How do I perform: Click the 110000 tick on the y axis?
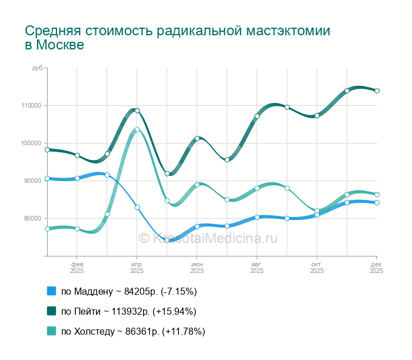(31, 106)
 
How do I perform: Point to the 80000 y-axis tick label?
(33, 218)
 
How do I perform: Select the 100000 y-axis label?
(31, 144)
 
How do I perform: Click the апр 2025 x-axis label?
(137, 268)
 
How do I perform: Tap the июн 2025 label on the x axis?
(197, 268)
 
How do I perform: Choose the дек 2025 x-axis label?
(377, 268)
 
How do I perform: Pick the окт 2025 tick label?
(317, 268)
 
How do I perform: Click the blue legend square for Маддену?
(51, 291)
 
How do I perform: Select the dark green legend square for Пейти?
(51, 311)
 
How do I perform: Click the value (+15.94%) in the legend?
(174, 311)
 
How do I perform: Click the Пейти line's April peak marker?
(137, 111)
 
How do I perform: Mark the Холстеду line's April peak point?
(137, 130)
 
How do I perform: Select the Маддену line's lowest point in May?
(167, 240)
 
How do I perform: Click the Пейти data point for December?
(377, 91)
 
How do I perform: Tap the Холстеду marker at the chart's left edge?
(47, 229)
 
